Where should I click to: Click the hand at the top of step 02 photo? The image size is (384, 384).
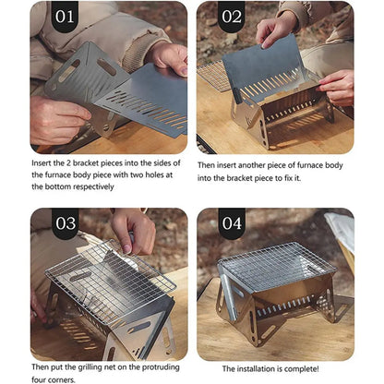click(x=277, y=28)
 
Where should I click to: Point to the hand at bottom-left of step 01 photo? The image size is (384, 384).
click(x=55, y=120)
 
